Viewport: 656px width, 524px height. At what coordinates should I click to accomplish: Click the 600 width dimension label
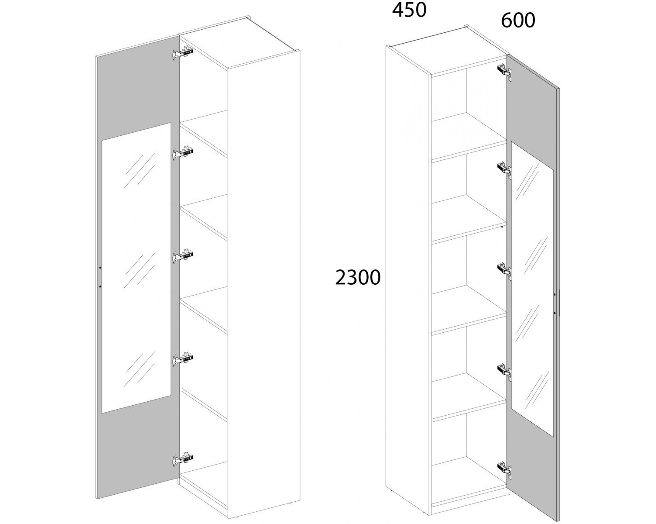tap(518, 21)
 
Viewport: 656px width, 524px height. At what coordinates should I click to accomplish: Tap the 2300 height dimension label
tap(358, 277)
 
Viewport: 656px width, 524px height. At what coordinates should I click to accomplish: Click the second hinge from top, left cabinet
tap(183, 152)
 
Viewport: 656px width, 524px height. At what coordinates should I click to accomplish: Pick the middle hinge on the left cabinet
tap(183, 256)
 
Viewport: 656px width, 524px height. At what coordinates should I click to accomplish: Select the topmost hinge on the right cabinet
tap(505, 72)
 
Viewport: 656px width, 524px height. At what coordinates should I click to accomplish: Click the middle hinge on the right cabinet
tap(505, 270)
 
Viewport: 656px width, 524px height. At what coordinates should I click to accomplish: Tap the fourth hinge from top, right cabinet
tap(505, 371)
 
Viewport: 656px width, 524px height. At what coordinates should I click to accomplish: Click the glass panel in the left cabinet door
tap(136, 268)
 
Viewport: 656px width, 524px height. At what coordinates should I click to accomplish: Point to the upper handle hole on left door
tap(100, 267)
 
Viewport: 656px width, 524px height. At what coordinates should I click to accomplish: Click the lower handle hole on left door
tap(100, 286)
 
